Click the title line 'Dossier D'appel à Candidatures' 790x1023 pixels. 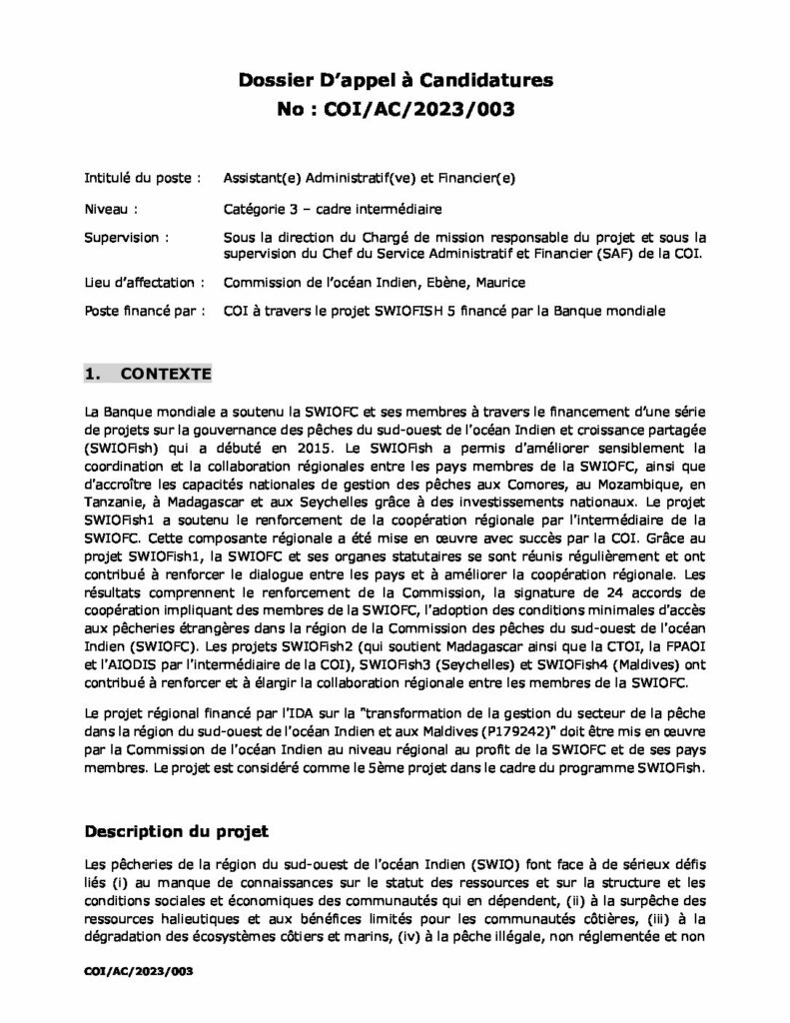[x=395, y=79]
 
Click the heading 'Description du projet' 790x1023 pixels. [x=177, y=831]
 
